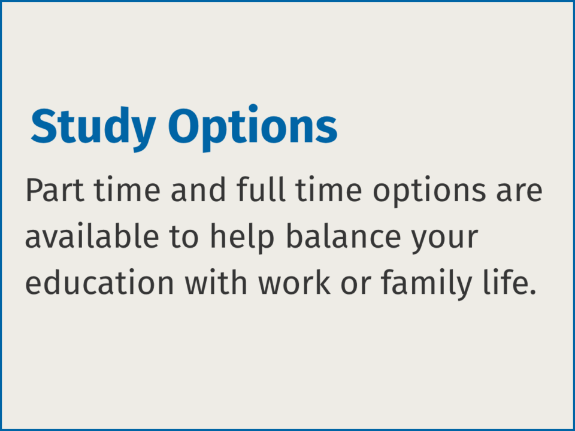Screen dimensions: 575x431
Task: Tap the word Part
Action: click(55, 190)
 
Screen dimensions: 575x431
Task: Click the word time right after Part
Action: click(127, 190)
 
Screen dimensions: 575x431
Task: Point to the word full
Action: click(261, 190)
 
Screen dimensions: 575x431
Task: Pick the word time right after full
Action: click(329, 190)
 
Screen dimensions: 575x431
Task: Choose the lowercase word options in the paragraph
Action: click(429, 192)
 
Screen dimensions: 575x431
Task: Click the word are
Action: click(519, 193)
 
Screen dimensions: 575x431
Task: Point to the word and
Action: click(198, 190)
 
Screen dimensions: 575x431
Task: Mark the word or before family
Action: click(356, 286)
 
